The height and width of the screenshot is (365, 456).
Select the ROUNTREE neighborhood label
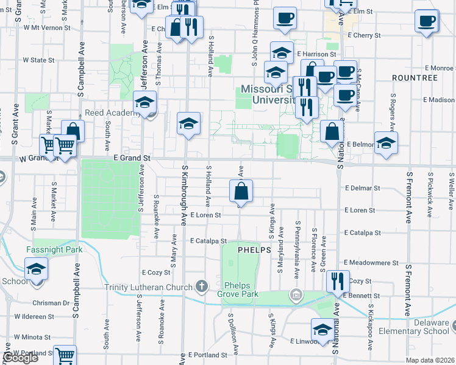click(415, 78)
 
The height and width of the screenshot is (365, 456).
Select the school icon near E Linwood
click(322, 329)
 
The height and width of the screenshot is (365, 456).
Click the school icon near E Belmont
click(386, 144)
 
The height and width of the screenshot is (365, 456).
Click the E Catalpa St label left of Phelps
click(208, 241)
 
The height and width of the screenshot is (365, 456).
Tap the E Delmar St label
click(362, 188)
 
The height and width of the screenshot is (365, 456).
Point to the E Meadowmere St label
click(371, 263)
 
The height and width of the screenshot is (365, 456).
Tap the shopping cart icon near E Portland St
click(64, 356)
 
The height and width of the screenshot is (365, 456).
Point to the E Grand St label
click(132, 158)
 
